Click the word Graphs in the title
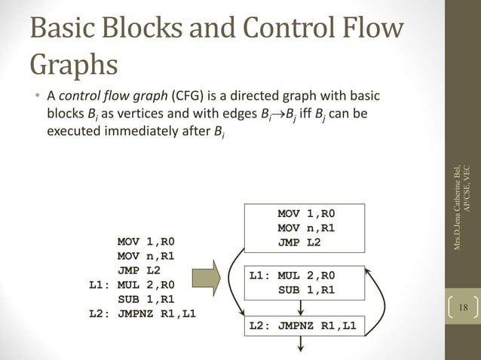[x=74, y=64]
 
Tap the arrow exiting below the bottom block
[x=302, y=346]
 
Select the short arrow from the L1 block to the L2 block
[x=302, y=307]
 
